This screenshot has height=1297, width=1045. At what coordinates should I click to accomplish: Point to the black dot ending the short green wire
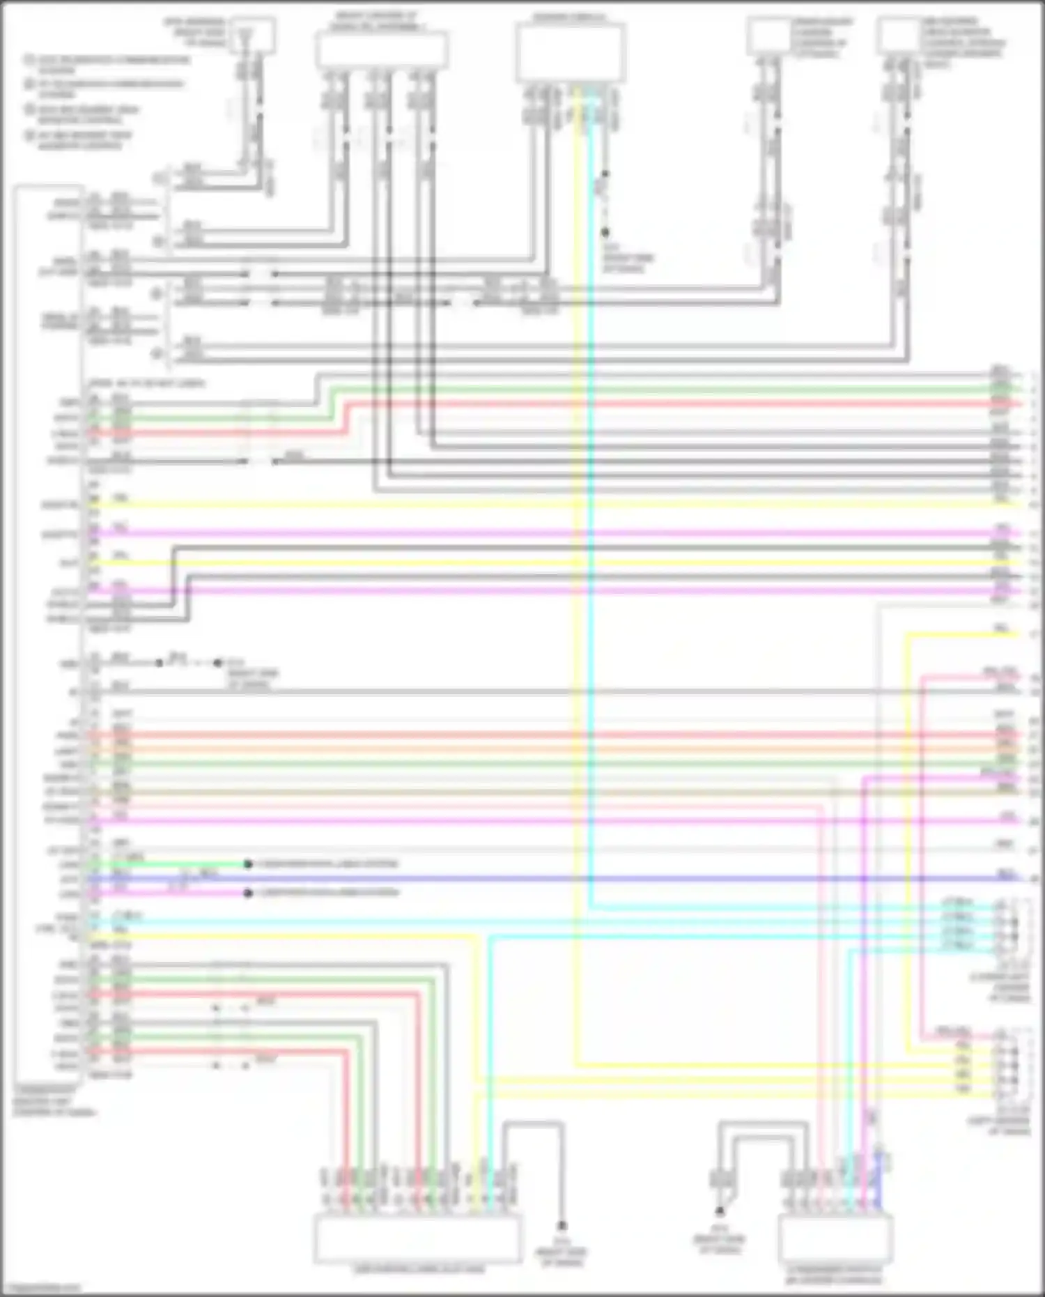point(248,864)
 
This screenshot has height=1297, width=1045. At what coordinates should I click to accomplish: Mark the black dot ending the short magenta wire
point(248,893)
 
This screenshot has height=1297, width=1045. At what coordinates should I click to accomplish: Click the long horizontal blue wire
point(557,879)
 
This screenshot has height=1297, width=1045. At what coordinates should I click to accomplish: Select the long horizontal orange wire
point(557,750)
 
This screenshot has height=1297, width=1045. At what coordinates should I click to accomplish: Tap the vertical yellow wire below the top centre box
point(577,558)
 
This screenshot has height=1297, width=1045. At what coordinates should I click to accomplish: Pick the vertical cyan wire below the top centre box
point(591,558)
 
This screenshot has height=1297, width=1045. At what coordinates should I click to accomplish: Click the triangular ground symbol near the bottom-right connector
point(720,1211)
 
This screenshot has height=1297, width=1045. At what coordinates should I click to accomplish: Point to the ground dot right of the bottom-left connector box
point(562,1225)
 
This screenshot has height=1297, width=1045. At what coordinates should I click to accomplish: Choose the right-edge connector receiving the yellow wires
point(1004,1059)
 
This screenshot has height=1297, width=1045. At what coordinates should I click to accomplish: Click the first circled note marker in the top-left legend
point(30,60)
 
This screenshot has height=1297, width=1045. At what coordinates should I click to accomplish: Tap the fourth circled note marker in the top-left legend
point(30,135)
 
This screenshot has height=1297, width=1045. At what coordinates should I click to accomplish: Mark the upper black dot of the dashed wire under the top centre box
point(605,174)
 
